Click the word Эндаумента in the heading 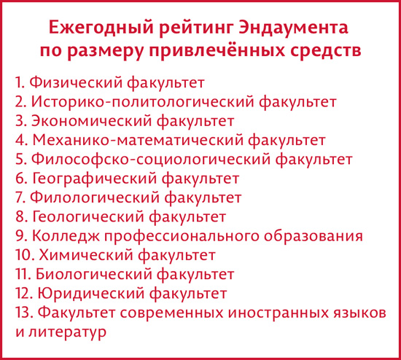pos(293,27)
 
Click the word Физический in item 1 pos(76,83)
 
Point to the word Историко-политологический pos(143,102)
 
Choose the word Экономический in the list pos(92,121)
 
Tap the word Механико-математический pos(138,140)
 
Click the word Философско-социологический pos(151,160)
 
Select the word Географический pos(94,179)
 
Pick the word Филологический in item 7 pos(94,197)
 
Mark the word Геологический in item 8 pos(88,217)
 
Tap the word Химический pos(86,255)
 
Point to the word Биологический pos(93,274)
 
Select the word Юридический pos(91,294)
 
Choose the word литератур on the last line pos(67,332)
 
